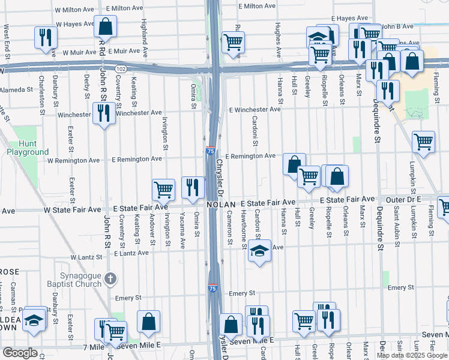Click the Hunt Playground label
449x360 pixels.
pyautogui.click(x=28, y=148)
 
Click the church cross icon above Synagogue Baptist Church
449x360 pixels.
pyautogui.click(x=109, y=278)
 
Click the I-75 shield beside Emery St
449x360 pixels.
pyautogui.click(x=212, y=289)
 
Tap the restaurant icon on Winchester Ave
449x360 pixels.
pyautogui.click(x=104, y=112)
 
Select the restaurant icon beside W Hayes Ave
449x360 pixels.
pyautogui.click(x=45, y=38)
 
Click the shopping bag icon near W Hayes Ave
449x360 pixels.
pyautogui.click(x=105, y=26)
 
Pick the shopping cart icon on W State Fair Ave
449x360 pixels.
pyautogui.click(x=163, y=190)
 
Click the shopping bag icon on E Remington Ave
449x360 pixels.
pyautogui.click(x=294, y=164)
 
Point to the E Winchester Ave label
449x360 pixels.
pyautogui.click(x=255, y=109)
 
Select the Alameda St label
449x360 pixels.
pyautogui.click(x=17, y=89)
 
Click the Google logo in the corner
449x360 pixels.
pyautogui.click(x=20, y=353)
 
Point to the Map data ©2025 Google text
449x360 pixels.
pyautogui.click(x=411, y=355)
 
